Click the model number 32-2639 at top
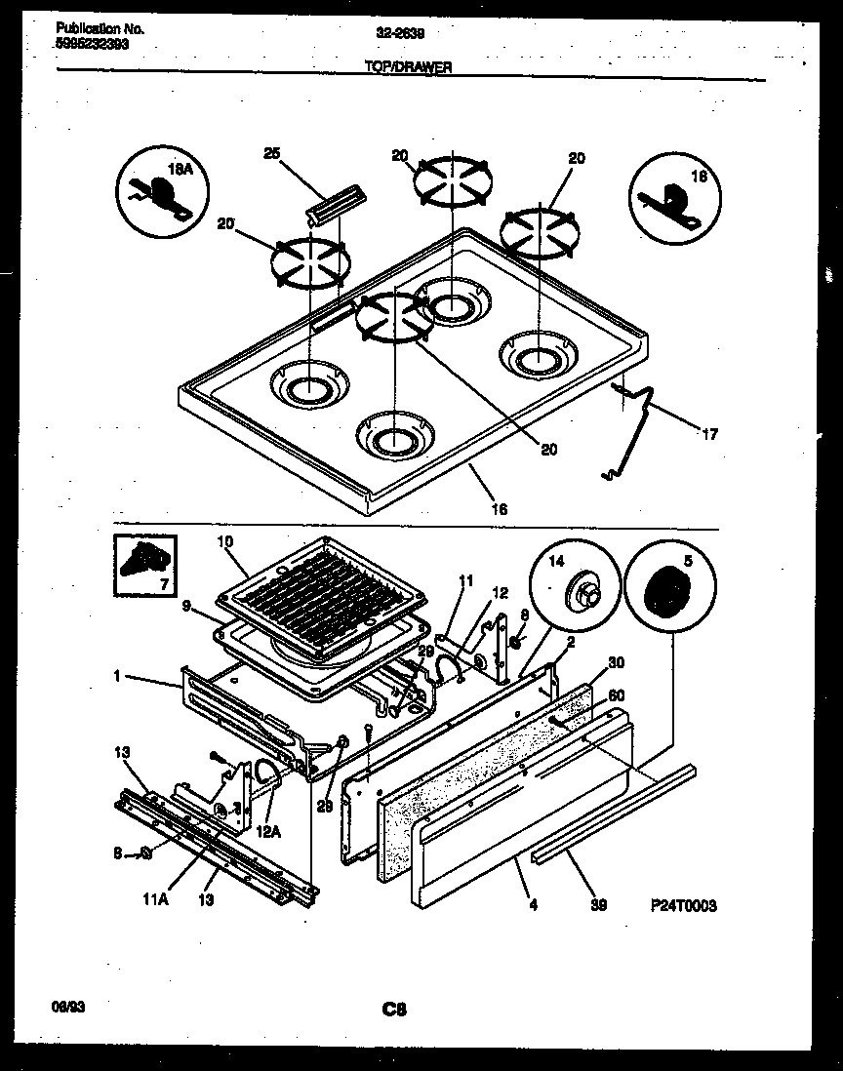pyautogui.click(x=399, y=31)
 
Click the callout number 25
pyautogui.click(x=271, y=153)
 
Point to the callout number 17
pyautogui.click(x=709, y=434)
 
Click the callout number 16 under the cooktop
pyautogui.click(x=500, y=508)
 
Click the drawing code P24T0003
pyautogui.click(x=683, y=905)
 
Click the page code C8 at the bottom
pyautogui.click(x=393, y=1010)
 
